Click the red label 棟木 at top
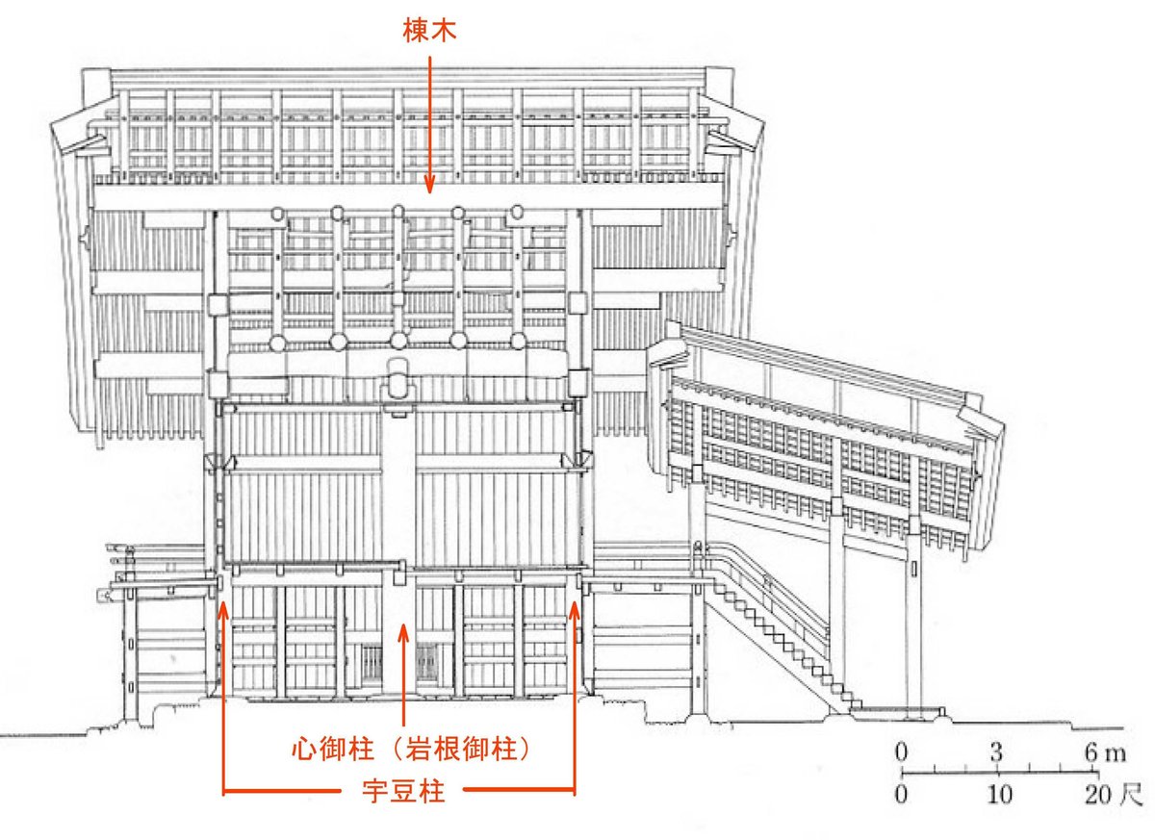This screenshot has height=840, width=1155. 428,31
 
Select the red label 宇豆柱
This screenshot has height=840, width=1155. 403,793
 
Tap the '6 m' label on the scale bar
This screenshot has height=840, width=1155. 1101,751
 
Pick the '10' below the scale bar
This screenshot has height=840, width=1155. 1000,795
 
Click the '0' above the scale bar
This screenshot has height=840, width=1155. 902,751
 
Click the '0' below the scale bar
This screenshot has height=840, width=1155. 902,795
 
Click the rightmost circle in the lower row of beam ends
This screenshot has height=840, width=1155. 517,342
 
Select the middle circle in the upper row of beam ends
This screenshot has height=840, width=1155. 398,213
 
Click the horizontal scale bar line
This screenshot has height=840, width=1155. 1000,773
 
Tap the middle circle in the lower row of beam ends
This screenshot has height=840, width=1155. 398,342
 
